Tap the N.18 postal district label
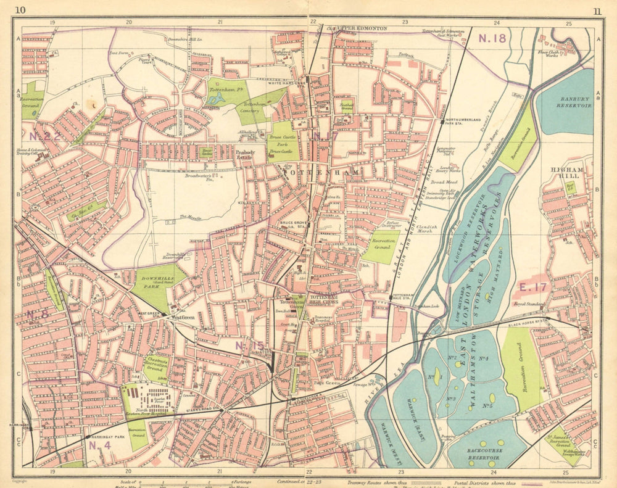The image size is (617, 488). point(492,38)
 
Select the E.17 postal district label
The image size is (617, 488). point(532,287)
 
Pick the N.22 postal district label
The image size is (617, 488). point(44,136)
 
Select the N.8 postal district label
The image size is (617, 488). point(38,314)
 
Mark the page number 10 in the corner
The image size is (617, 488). point(20,10)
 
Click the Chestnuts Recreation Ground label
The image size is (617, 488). point(155,364)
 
